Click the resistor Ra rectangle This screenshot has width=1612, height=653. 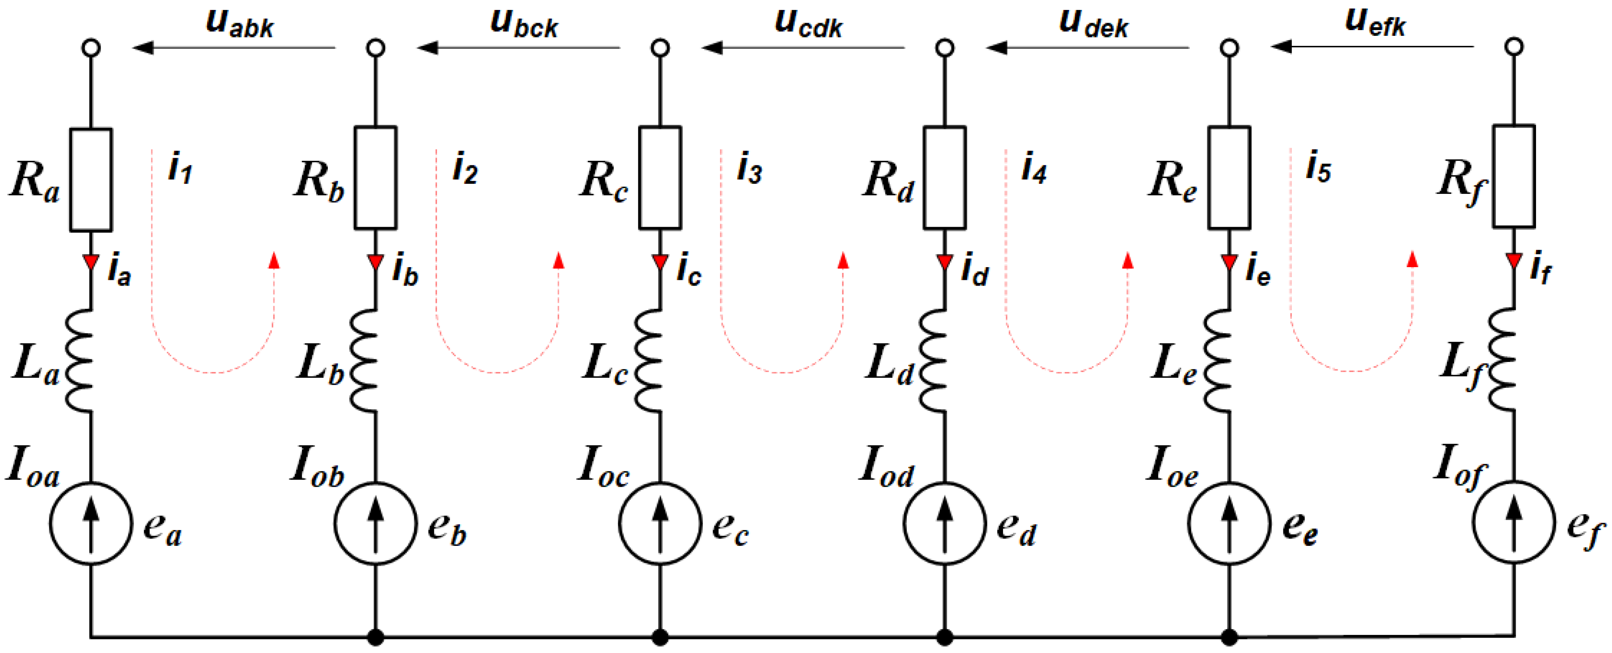point(91,180)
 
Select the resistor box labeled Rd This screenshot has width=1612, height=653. point(944,178)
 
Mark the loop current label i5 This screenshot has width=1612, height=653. point(1319,168)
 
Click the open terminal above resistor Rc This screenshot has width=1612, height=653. point(660,47)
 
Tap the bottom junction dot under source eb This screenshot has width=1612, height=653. point(376,637)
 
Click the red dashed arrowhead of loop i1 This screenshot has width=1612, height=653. point(273,260)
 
